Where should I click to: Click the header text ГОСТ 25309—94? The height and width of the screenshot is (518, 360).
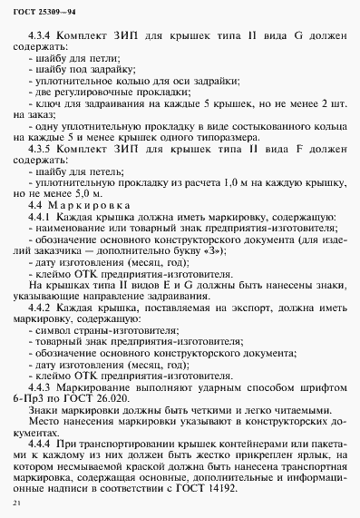click(x=43, y=11)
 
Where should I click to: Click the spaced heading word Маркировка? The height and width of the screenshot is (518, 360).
click(x=100, y=207)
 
